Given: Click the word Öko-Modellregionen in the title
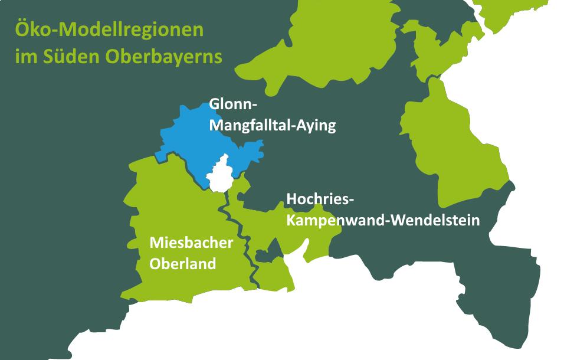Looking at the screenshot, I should (109, 30).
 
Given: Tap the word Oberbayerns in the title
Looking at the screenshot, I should (164, 57).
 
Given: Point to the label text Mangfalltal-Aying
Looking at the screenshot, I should (272, 126).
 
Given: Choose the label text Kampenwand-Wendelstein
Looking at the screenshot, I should (382, 221).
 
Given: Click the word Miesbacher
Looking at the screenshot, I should (191, 243).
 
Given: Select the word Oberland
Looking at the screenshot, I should (182, 264).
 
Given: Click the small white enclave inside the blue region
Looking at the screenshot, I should (219, 175).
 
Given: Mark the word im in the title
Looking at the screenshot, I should (27, 57).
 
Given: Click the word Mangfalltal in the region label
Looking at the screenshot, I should (250, 126).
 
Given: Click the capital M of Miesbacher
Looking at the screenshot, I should (156, 243).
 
